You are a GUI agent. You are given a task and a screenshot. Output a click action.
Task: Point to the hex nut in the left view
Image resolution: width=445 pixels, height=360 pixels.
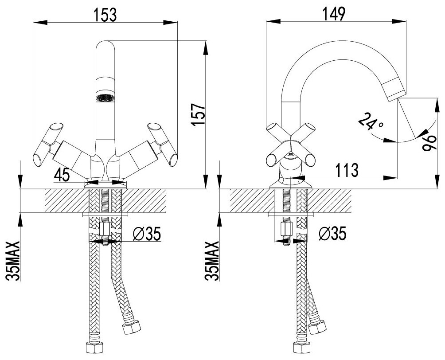105,229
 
